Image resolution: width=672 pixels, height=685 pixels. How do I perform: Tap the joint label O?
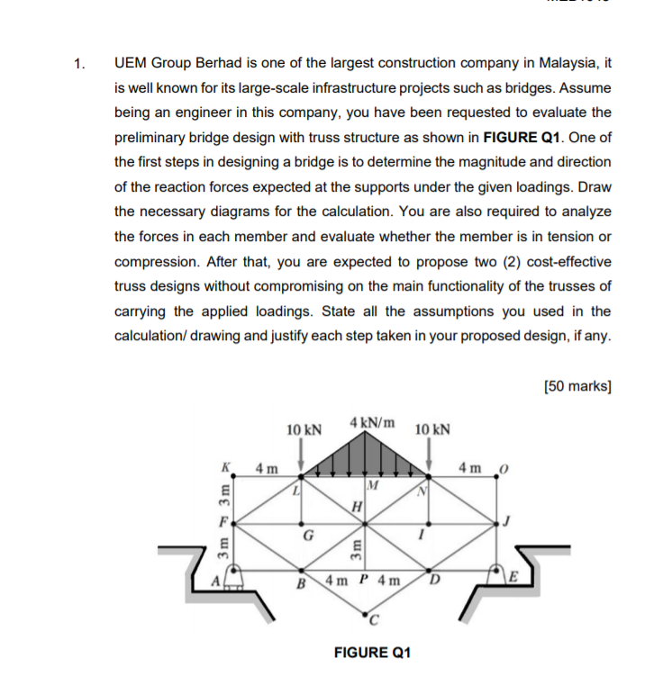pos(504,468)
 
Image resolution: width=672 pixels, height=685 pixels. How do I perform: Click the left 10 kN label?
pos(303,429)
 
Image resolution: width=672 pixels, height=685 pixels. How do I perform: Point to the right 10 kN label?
pos(433,429)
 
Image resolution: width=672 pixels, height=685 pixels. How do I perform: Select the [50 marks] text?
pos(577,386)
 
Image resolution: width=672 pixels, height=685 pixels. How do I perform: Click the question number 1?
pos(81,64)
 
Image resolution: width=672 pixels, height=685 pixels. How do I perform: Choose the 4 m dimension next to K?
pos(266,468)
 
